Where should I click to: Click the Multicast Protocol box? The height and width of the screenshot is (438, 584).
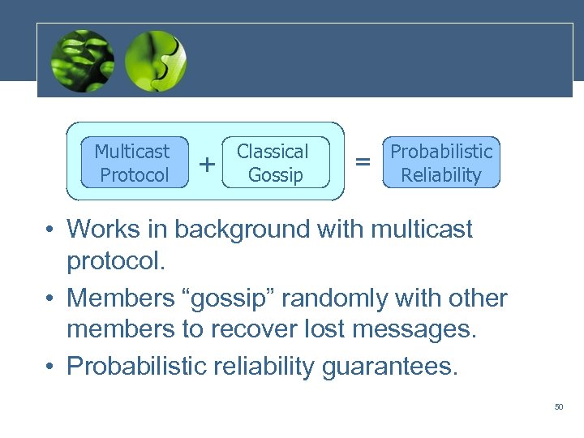(134, 162)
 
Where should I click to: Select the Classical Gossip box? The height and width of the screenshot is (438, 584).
(275, 162)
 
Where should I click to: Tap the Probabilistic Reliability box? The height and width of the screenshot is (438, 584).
(441, 162)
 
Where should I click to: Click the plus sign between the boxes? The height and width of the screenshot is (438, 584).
(208, 164)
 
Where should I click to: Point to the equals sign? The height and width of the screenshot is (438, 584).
(363, 162)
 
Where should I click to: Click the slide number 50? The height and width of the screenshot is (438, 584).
(558, 406)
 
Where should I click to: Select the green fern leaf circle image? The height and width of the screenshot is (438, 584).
(82, 61)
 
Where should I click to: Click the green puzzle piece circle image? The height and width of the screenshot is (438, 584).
(156, 61)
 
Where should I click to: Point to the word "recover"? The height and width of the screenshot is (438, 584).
(243, 330)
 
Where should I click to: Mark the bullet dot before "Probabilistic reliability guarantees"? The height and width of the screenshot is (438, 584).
(49, 367)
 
